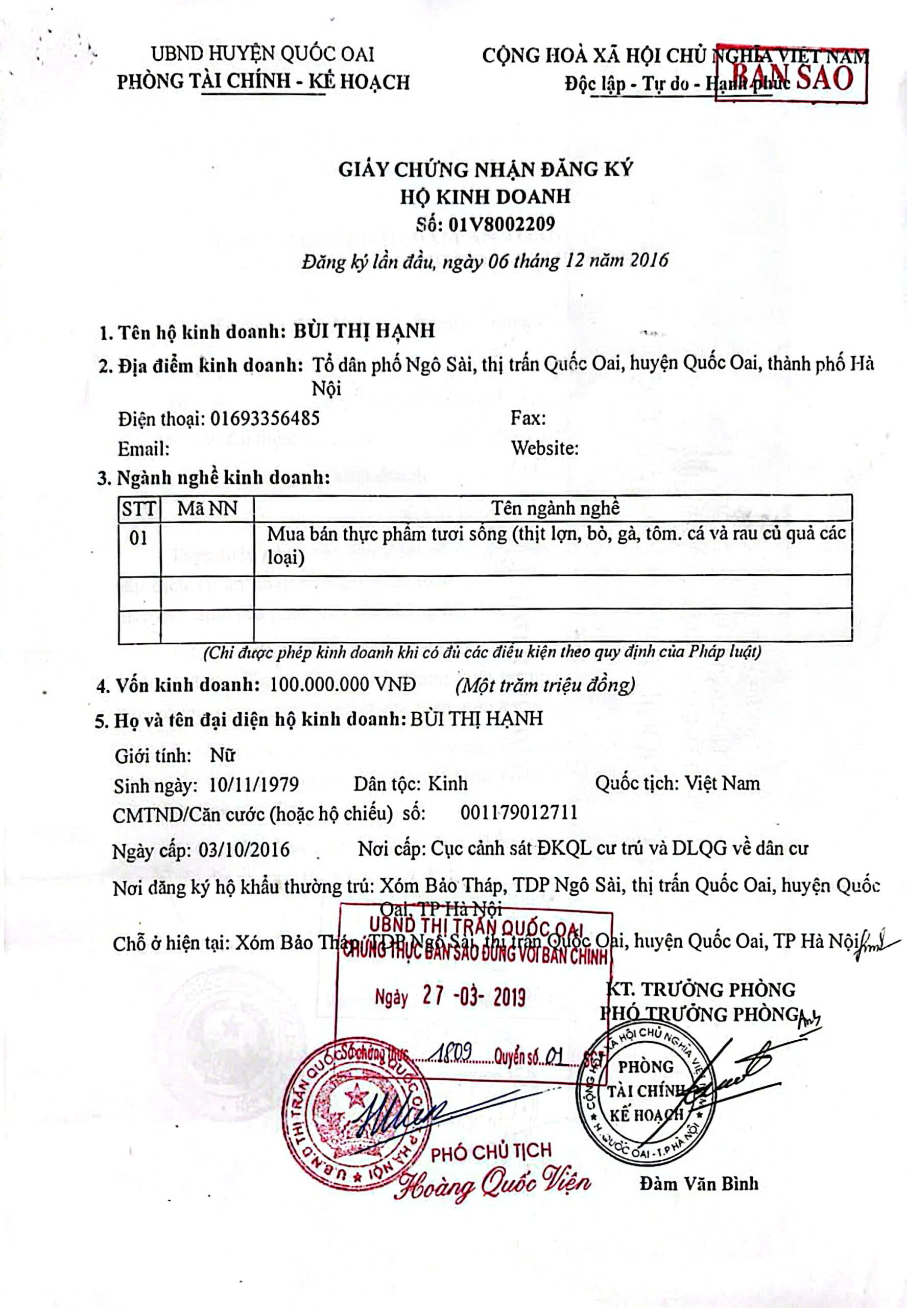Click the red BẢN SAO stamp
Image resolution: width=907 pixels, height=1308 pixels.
(791, 75)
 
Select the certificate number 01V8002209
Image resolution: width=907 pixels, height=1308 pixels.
(500, 224)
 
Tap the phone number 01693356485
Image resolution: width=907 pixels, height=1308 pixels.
(265, 418)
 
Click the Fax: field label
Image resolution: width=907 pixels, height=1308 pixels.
(528, 418)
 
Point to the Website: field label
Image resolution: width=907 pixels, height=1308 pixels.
(544, 448)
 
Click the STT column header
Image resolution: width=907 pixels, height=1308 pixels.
(139, 508)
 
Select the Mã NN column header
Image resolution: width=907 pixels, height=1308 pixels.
(207, 508)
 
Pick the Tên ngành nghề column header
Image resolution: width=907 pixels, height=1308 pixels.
(555, 508)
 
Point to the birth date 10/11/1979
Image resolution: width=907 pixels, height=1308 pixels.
(254, 784)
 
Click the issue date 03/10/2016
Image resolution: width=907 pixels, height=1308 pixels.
(244, 849)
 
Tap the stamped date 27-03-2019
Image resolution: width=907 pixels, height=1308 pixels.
(474, 996)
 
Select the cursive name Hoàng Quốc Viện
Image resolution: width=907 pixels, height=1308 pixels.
(493, 1183)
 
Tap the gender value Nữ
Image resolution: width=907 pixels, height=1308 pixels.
(222, 756)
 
